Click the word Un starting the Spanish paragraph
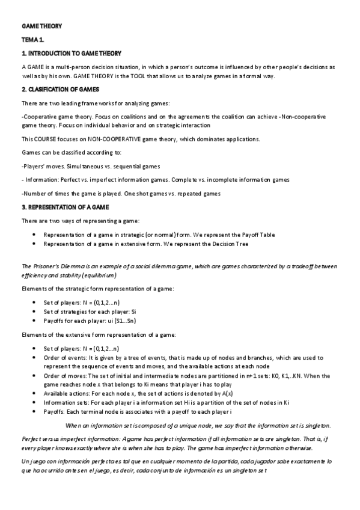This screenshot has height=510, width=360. point(25,460)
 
